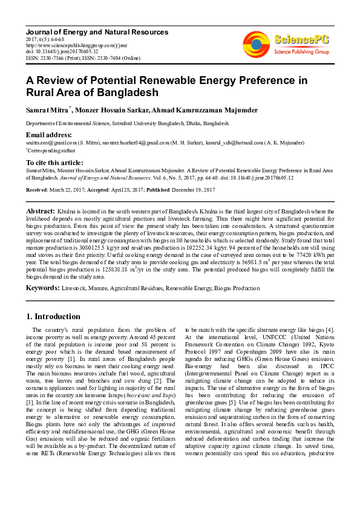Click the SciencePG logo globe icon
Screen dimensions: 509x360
point(257,43)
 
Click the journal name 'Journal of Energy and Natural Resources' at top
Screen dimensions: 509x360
point(97,31)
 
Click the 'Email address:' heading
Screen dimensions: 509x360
point(49,134)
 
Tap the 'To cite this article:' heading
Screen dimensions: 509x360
point(56,163)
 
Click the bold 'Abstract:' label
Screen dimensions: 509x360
point(41,210)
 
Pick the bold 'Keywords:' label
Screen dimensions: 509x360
point(42,288)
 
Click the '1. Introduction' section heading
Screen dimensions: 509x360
point(53,316)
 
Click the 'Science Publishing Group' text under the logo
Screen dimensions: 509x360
point(301,52)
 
